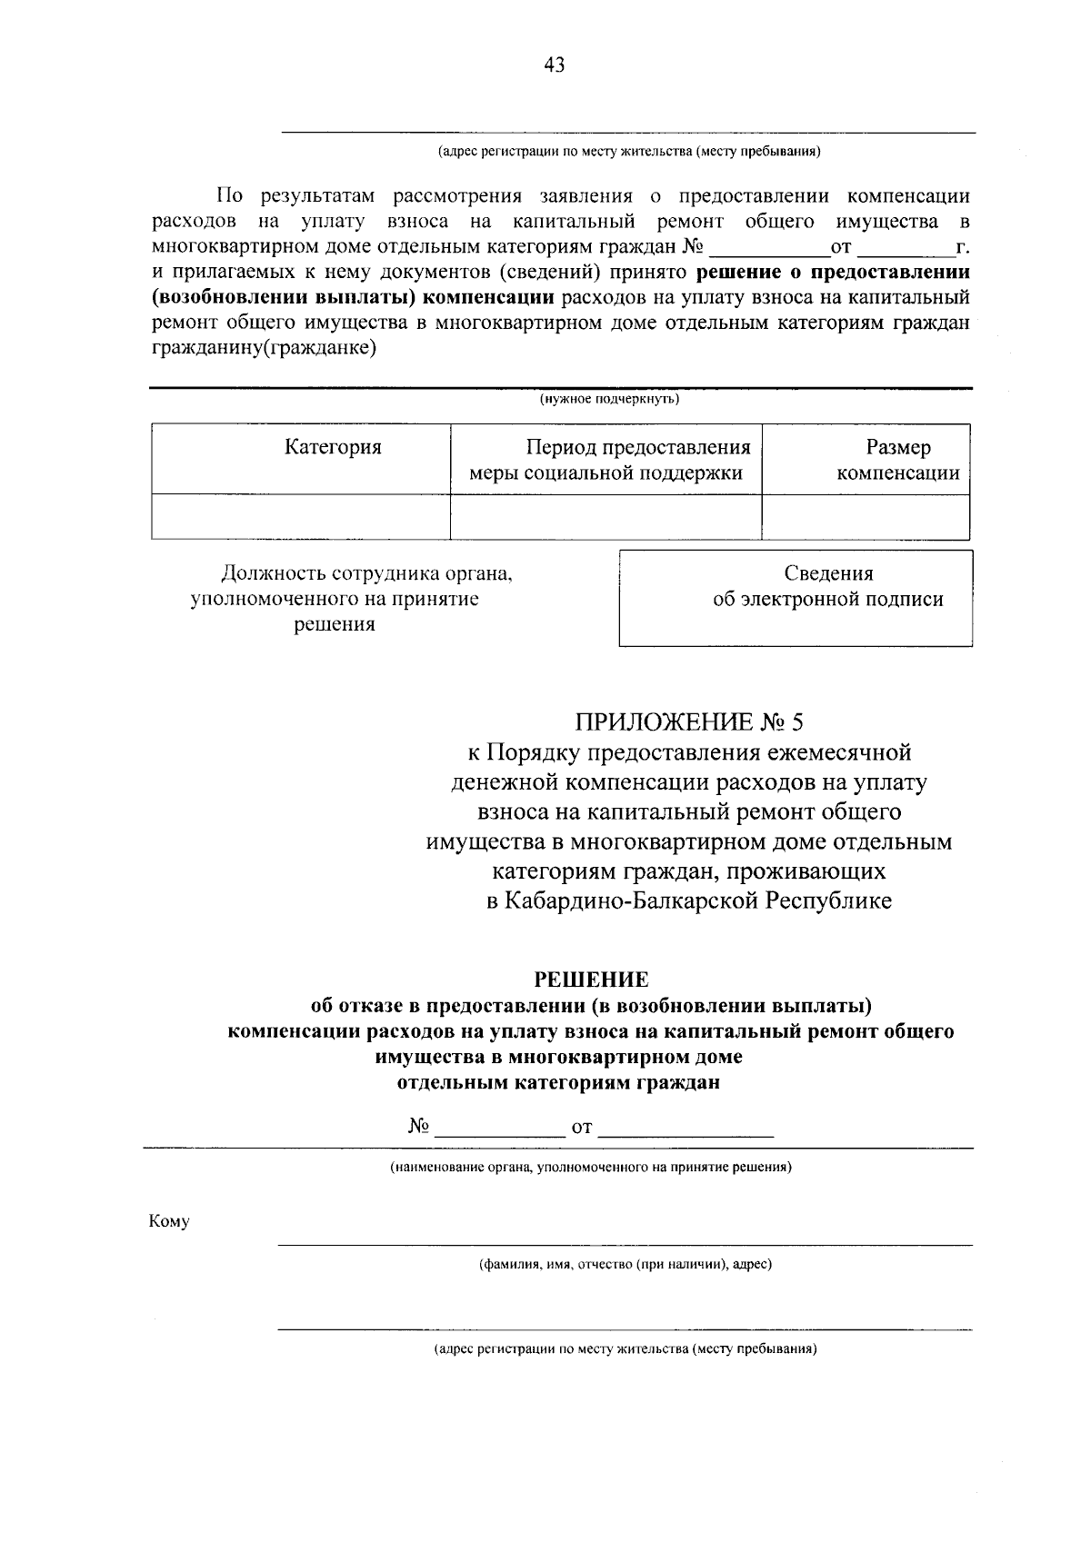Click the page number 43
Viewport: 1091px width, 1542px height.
tap(554, 64)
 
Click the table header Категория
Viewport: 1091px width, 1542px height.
tap(333, 447)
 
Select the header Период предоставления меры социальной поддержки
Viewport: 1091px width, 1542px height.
tap(606, 460)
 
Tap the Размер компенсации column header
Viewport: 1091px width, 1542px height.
tap(897, 460)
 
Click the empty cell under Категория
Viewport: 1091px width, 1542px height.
tap(301, 517)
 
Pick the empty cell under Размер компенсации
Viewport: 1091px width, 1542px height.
tap(866, 517)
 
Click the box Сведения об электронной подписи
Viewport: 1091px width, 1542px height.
tap(796, 598)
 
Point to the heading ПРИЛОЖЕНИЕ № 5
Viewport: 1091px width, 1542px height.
tap(689, 722)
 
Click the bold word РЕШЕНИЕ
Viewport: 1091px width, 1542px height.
tap(591, 980)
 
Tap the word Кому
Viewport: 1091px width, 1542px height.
tap(169, 1221)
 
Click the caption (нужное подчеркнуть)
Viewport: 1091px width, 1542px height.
tap(609, 399)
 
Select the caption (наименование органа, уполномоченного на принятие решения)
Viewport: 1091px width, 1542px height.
tap(591, 1167)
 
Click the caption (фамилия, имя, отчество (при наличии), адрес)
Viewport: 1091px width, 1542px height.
tap(626, 1264)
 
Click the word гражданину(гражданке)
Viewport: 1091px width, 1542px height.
tap(265, 348)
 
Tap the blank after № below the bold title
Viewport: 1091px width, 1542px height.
tap(500, 1129)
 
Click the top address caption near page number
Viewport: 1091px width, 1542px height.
tap(628, 152)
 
